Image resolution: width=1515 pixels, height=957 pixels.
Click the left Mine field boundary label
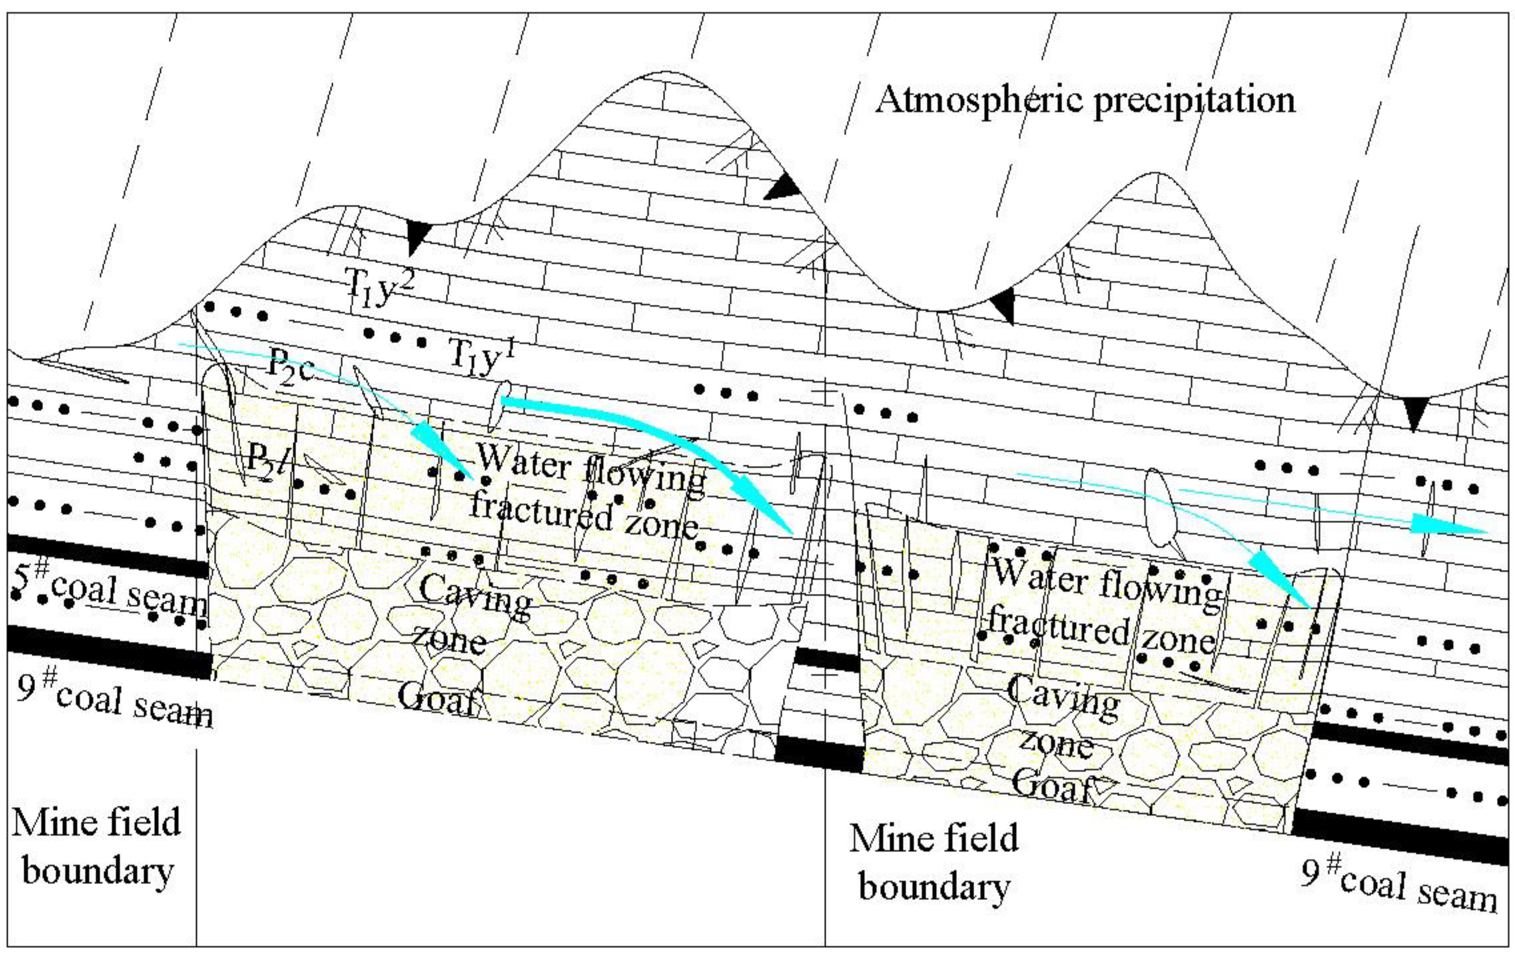tap(98, 846)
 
